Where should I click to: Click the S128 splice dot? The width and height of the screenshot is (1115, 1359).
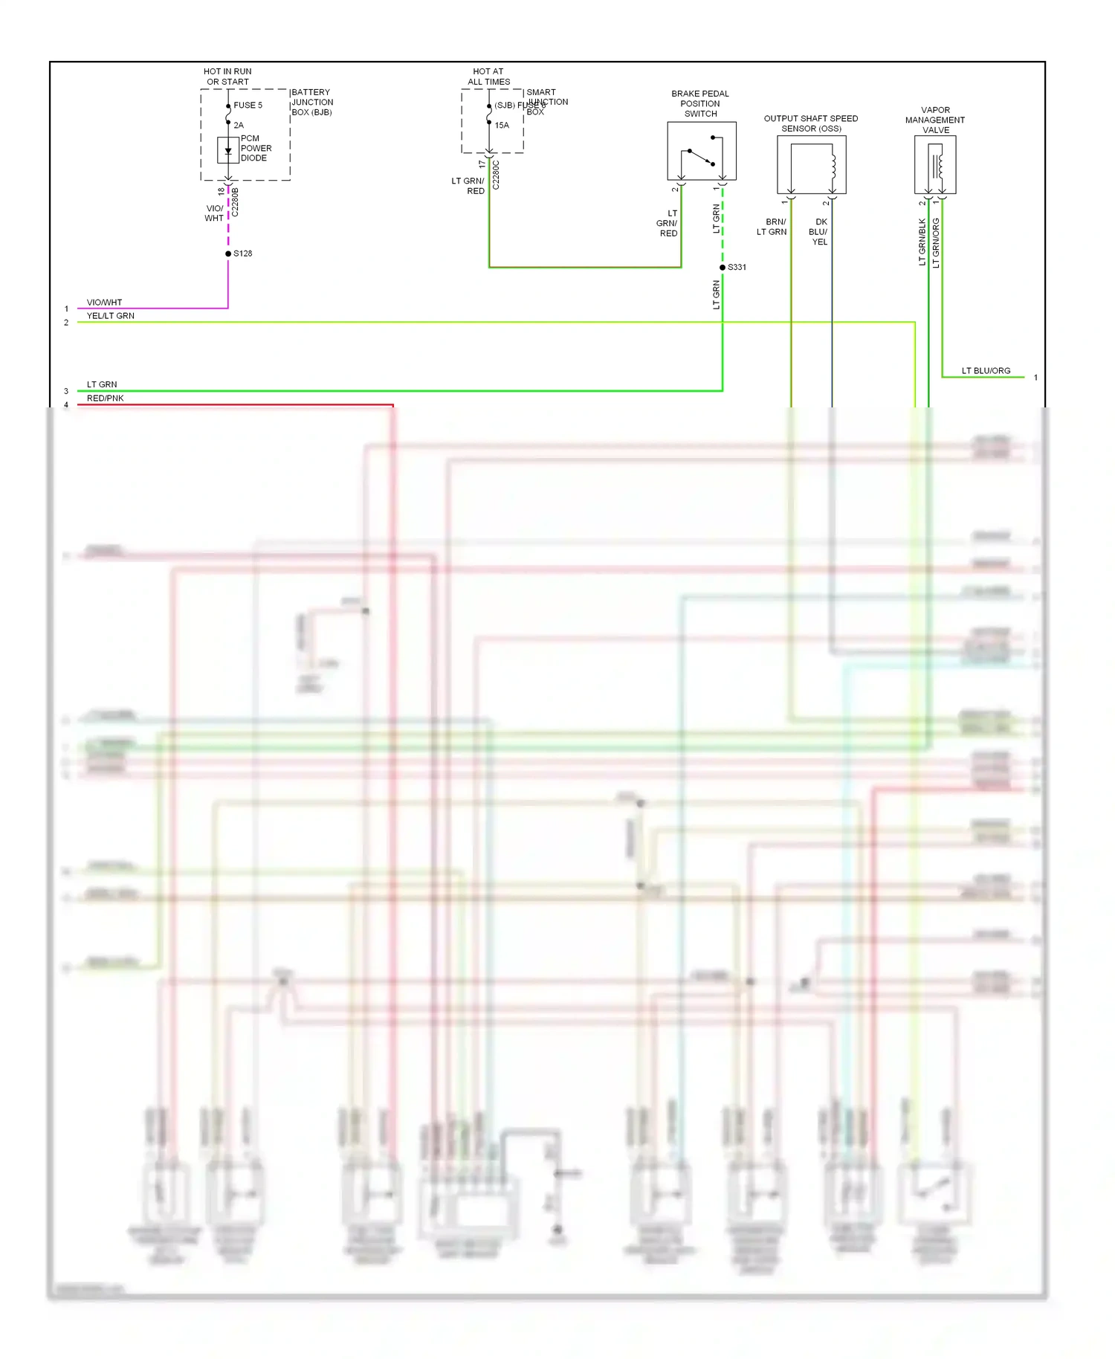pyautogui.click(x=228, y=254)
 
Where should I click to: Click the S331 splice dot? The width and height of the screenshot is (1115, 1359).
pyautogui.click(x=723, y=267)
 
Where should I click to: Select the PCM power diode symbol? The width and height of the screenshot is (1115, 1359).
pyautogui.click(x=228, y=150)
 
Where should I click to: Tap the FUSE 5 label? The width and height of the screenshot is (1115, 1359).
pyautogui.click(x=248, y=106)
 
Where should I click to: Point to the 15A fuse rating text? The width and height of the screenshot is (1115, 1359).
pyautogui.click(x=502, y=126)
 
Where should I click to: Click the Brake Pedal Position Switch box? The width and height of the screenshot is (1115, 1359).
pyautogui.click(x=701, y=151)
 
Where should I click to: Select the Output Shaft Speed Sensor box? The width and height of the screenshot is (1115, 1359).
pyautogui.click(x=811, y=165)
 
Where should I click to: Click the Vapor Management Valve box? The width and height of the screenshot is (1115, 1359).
pyautogui.click(x=934, y=165)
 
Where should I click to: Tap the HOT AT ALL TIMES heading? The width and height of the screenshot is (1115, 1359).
pyautogui.click(x=488, y=77)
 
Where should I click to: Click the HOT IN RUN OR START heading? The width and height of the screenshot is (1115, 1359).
pyautogui.click(x=228, y=77)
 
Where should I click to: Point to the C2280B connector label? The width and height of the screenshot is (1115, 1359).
pyautogui.click(x=236, y=202)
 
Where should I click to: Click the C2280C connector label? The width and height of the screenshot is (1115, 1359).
pyautogui.click(x=497, y=175)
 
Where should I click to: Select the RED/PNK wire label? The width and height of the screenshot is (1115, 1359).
pyautogui.click(x=105, y=398)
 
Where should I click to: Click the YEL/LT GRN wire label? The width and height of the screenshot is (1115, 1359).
pyautogui.click(x=110, y=316)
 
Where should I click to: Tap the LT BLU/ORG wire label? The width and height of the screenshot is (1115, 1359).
pyautogui.click(x=986, y=371)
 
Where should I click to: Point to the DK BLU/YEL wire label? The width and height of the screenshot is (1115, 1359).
pyautogui.click(x=819, y=232)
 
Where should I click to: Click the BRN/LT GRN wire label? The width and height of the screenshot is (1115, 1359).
pyautogui.click(x=772, y=227)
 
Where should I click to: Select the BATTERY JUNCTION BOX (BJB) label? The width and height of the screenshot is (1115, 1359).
pyautogui.click(x=311, y=103)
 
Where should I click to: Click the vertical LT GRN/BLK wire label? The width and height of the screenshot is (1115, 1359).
pyautogui.click(x=922, y=242)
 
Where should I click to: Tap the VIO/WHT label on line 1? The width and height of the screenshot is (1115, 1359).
pyautogui.click(x=104, y=303)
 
